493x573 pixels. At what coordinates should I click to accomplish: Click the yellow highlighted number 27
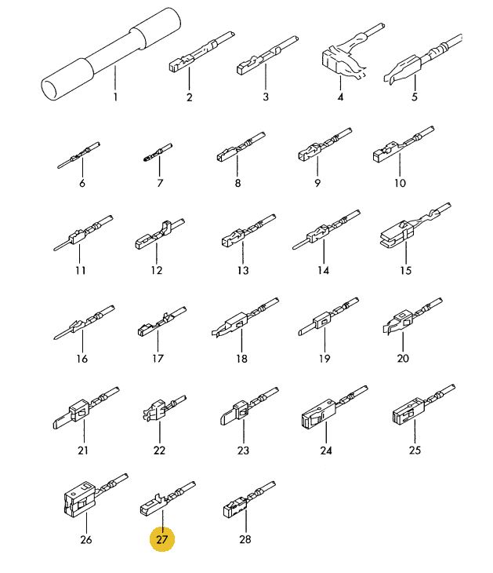(161, 539)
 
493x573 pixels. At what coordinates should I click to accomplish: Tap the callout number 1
(115, 97)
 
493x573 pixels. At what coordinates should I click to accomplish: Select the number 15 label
(405, 271)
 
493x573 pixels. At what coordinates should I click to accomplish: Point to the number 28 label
(245, 539)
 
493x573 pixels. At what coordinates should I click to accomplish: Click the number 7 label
(160, 183)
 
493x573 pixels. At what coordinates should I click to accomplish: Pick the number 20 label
(403, 358)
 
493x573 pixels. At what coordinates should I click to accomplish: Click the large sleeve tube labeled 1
(111, 54)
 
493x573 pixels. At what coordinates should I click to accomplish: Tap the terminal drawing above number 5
(422, 60)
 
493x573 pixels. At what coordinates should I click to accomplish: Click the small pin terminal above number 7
(158, 153)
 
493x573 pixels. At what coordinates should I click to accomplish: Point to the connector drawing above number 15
(415, 224)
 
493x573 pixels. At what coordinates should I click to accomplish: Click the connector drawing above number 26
(96, 495)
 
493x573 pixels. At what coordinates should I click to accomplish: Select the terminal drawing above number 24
(335, 407)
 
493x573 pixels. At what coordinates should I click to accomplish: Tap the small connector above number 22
(165, 408)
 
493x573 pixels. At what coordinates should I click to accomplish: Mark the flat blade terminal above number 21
(86, 408)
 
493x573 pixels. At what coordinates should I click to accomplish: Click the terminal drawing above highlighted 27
(168, 498)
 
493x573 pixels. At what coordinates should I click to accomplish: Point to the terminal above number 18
(245, 317)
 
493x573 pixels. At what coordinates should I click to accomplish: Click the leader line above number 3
(266, 78)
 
